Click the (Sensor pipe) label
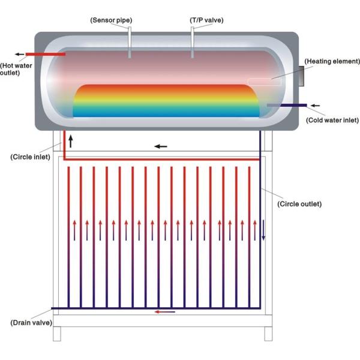(x=112, y=20)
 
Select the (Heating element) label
(x=332, y=61)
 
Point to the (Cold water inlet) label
(x=332, y=120)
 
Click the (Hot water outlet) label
(x=16, y=69)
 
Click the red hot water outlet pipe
(x=45, y=54)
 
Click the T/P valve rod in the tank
(x=192, y=43)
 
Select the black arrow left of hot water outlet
(x=20, y=54)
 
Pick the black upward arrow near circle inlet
(x=70, y=142)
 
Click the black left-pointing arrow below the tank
(x=161, y=146)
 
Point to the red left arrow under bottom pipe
(x=165, y=311)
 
